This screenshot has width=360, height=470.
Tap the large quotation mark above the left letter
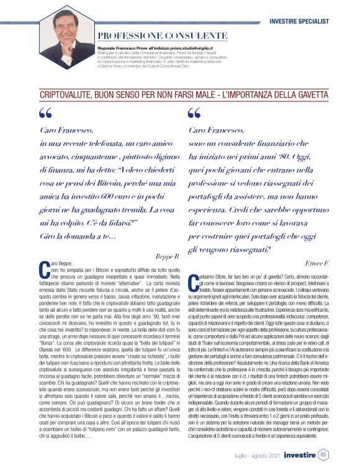[45, 114]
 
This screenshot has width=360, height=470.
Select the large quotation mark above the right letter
[194, 114]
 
